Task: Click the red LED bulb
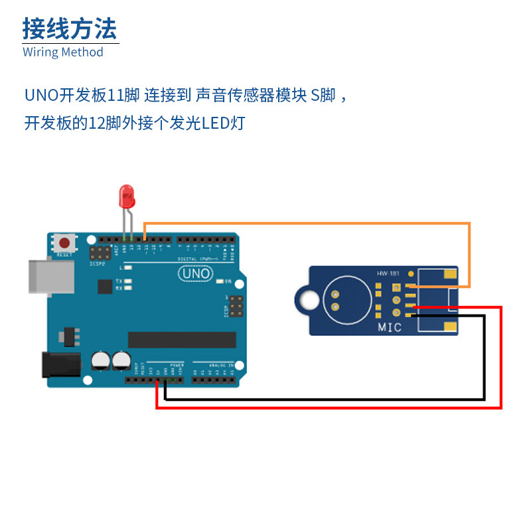pyautogui.click(x=126, y=196)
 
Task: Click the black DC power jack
pyautogui.click(x=61, y=366)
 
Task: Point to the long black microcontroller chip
pyautogui.click(x=182, y=339)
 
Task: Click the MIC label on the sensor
pyautogui.click(x=390, y=327)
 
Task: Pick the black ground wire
pyautogui.click(x=325, y=398)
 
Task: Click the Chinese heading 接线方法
pyautogui.click(x=70, y=29)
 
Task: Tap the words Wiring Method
pyautogui.click(x=63, y=52)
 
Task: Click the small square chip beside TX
pyautogui.click(x=105, y=286)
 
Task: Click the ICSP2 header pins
pyautogui.click(x=101, y=253)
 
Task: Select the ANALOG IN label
pyautogui.click(x=222, y=365)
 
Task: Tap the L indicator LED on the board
pyautogui.click(x=128, y=267)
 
